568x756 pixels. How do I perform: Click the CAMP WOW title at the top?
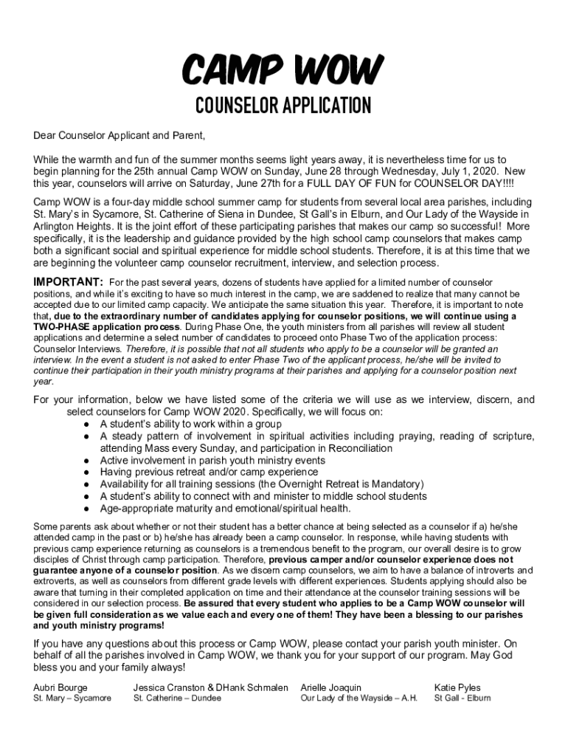283,72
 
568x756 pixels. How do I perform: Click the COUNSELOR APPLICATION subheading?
283,107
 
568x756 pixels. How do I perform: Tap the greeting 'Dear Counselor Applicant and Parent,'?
119,136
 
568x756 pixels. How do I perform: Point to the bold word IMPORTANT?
68,282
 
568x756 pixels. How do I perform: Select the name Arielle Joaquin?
331,687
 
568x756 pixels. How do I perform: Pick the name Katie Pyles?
457,687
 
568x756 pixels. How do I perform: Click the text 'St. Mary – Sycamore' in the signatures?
72,698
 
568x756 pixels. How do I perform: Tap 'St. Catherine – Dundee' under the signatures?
177,698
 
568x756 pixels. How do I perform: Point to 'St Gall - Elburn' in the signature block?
463,698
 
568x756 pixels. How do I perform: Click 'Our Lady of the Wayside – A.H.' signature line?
359,698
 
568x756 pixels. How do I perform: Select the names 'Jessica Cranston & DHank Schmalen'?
211,687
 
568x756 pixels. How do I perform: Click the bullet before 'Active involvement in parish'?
87,461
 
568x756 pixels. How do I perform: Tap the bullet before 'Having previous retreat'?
87,472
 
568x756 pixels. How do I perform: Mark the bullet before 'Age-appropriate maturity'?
87,509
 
